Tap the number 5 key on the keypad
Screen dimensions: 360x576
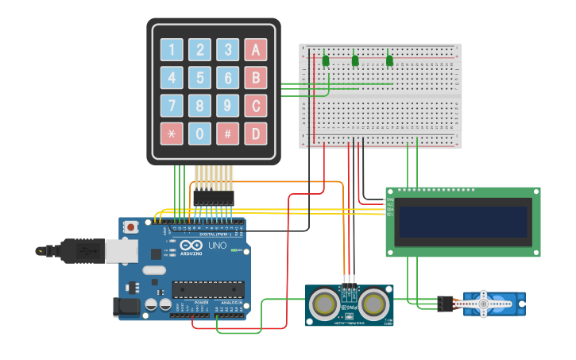(x=200, y=78)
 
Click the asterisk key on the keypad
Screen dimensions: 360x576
(x=172, y=133)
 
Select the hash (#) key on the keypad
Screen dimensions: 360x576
(x=228, y=133)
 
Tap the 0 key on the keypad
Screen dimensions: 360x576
(x=200, y=133)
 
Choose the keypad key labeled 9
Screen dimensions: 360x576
(x=228, y=105)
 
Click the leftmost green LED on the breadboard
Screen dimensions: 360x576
(x=326, y=60)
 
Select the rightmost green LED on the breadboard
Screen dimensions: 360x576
(x=389, y=60)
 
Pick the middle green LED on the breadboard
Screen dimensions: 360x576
(x=355, y=60)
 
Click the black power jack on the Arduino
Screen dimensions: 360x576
(x=126, y=308)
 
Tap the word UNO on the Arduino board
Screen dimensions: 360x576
(x=218, y=246)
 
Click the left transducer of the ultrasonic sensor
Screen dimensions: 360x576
(x=323, y=304)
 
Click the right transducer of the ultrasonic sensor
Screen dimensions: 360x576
(x=373, y=304)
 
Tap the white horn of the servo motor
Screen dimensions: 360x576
(x=483, y=303)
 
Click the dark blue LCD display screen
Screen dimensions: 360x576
(x=463, y=222)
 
